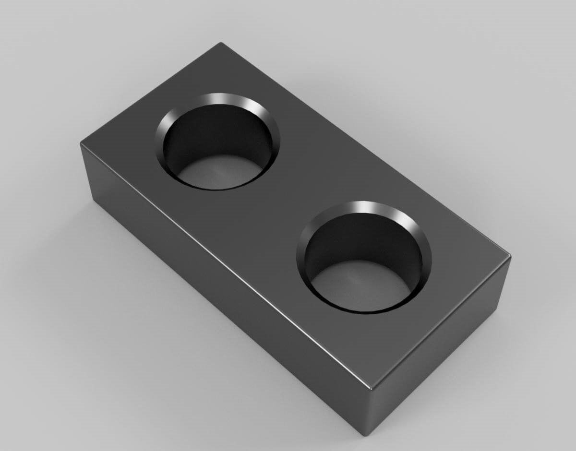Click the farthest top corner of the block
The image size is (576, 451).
click(x=220, y=44)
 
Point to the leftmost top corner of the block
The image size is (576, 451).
click(x=82, y=142)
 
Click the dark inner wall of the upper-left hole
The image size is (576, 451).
click(x=216, y=132)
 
